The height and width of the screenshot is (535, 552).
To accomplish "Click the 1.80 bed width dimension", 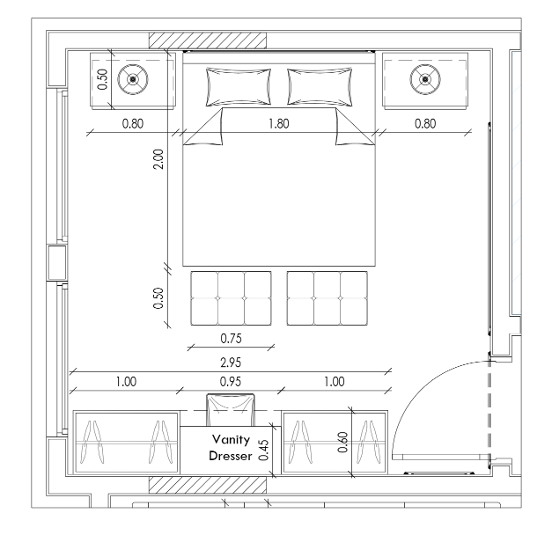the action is tap(279, 123).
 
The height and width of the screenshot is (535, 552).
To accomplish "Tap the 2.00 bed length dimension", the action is tap(158, 159).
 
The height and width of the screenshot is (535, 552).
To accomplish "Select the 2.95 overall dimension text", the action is tap(231, 363).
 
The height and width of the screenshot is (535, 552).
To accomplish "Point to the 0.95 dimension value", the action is tap(231, 382).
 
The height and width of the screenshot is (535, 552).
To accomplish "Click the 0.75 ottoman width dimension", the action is tap(231, 338).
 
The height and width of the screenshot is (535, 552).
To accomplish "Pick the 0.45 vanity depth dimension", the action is tap(263, 450).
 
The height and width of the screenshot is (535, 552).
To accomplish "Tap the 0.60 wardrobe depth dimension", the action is tap(342, 442).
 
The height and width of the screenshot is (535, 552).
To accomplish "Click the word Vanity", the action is tap(231, 439).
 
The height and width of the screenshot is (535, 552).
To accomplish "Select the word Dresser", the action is tap(231, 456).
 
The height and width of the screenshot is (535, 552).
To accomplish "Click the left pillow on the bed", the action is tap(239, 87).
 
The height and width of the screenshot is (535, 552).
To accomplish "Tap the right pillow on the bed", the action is tap(320, 87).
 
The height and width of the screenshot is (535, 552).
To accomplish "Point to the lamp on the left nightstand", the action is tap(133, 79).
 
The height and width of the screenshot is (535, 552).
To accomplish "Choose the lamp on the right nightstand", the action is tap(425, 79).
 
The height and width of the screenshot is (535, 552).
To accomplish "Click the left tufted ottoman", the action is tap(231, 298).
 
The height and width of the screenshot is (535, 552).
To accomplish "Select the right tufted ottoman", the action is tap(327, 298).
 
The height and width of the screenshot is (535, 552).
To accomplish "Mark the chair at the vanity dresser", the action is tap(231, 410).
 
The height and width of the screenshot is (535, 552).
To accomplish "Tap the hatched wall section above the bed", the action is tap(208, 40).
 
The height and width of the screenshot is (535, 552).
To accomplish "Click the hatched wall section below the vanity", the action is tap(208, 485).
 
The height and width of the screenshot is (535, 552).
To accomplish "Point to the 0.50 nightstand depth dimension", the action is tap(102, 79).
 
